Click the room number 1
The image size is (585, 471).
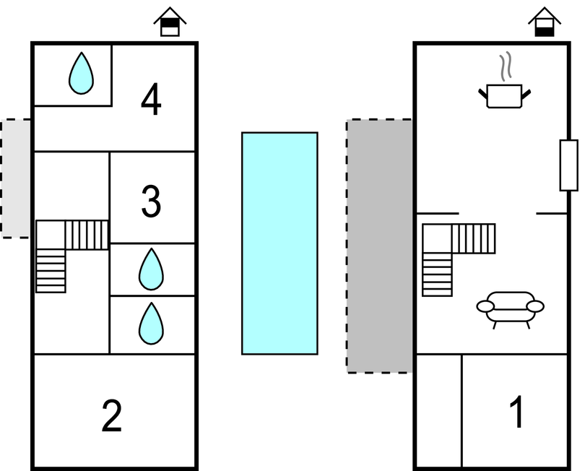[x=516, y=412]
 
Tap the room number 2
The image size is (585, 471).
[x=111, y=416]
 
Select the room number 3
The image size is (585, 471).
[x=151, y=202]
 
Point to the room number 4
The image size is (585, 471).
[x=151, y=100]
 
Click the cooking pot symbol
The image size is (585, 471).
[x=504, y=95]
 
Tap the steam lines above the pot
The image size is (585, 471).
[x=508, y=65]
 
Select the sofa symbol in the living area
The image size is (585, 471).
[x=510, y=306]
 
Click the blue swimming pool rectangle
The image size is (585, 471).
[x=279, y=243]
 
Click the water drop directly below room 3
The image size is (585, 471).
[x=151, y=269]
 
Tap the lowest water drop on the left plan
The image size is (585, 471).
[x=151, y=324]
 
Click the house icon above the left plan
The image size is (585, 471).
[x=170, y=22]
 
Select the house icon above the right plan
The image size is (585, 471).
[x=545, y=22]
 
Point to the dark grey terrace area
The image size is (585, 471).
[x=379, y=246]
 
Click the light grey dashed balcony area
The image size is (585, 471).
[x=16, y=178]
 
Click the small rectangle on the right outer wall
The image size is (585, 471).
[x=568, y=165]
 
